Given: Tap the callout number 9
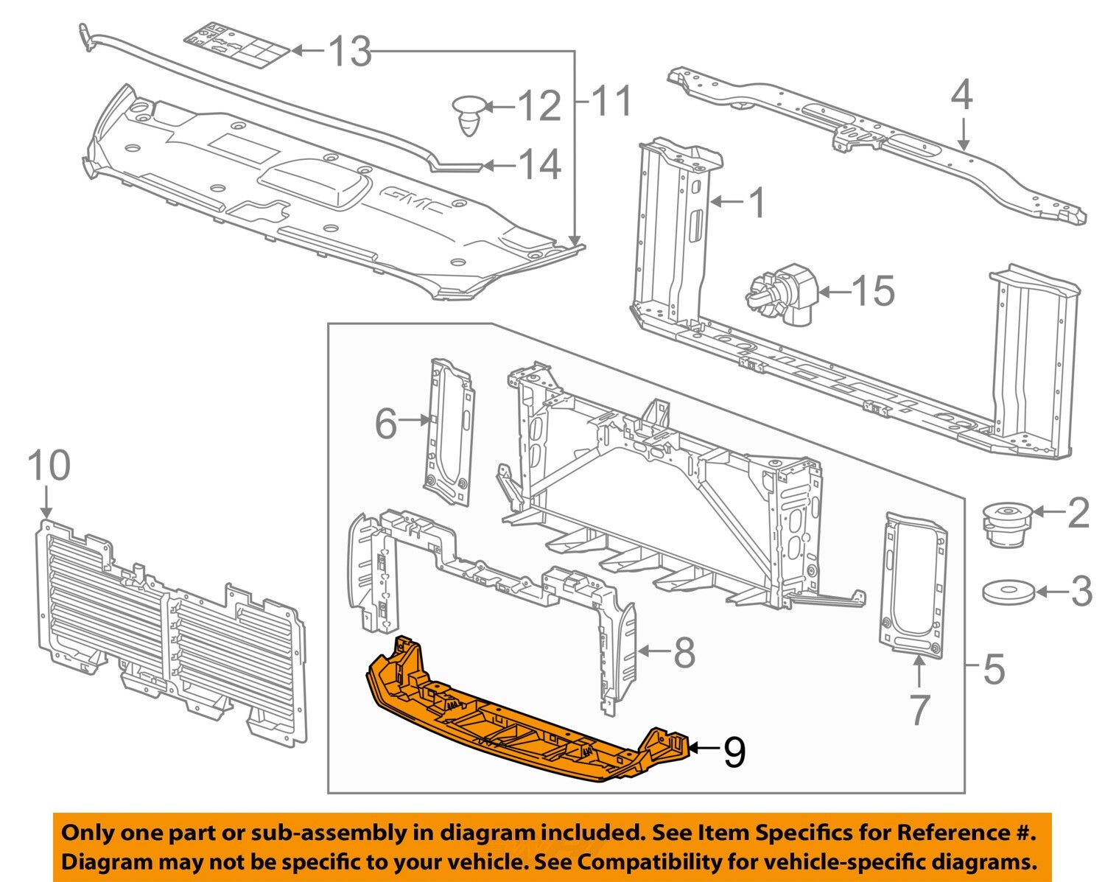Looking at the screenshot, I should pyautogui.click(x=734, y=752).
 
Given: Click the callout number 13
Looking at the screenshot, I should pyautogui.click(x=349, y=52).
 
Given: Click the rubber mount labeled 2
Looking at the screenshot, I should pyautogui.click(x=1006, y=525).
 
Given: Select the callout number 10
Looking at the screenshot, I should pyautogui.click(x=49, y=466).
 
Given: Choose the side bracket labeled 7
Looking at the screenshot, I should pyautogui.click(x=913, y=582).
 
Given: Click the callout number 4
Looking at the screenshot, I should pyautogui.click(x=961, y=96).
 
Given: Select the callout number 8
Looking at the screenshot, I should pyautogui.click(x=684, y=651).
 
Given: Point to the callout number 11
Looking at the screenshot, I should pyautogui.click(x=611, y=101).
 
